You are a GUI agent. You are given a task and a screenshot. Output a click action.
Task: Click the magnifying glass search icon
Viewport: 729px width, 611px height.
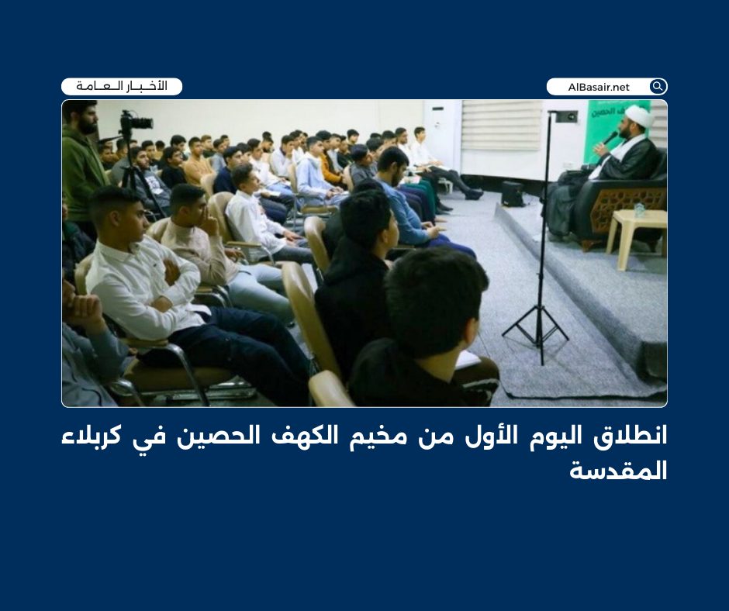click(658, 87)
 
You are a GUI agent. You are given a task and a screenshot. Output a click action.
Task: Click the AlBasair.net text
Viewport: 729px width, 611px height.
click(599, 87)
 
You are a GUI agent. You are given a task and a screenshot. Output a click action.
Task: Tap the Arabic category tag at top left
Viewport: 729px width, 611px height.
click(122, 87)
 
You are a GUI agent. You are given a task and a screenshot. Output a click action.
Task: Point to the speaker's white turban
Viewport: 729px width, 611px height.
click(639, 116)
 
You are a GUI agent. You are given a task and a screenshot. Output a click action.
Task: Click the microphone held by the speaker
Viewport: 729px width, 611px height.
click(609, 138)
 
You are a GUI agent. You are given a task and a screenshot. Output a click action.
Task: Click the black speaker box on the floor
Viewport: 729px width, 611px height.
click(513, 193)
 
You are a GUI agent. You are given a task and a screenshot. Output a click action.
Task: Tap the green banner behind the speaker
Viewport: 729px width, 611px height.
click(613, 126)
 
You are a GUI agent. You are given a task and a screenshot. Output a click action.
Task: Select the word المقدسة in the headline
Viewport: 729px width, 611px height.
click(618, 470)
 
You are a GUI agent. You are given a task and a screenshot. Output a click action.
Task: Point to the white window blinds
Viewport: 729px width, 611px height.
click(502, 125)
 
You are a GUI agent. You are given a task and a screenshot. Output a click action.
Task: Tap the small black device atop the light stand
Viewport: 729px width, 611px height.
click(565, 116)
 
